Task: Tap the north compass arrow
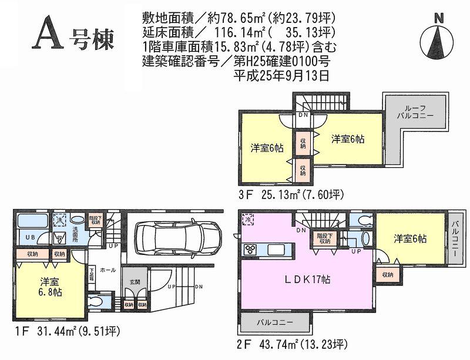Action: [x=438, y=38]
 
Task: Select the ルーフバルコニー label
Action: [x=419, y=112]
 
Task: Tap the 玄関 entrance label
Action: [x=135, y=282]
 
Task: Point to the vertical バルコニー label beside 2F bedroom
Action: [x=455, y=241]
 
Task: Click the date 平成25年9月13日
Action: [x=281, y=75]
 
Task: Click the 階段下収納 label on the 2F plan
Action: [x=323, y=237]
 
